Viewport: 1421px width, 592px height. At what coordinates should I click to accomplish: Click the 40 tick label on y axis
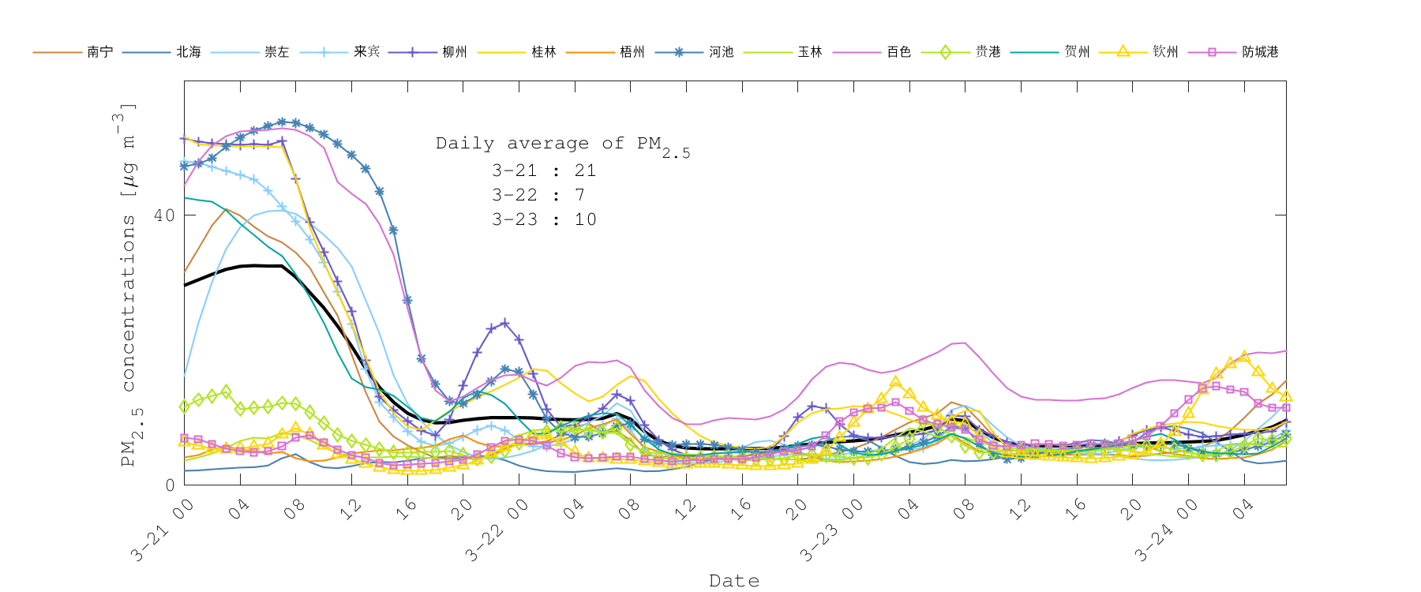click(163, 215)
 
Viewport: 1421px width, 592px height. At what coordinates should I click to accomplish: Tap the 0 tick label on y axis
click(170, 485)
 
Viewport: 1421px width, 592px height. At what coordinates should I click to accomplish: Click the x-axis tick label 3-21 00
click(162, 531)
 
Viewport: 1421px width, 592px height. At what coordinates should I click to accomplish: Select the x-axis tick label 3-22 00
click(496, 531)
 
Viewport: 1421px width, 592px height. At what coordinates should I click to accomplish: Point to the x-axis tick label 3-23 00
click(830, 531)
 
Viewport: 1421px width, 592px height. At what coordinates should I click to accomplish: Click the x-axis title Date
click(734, 581)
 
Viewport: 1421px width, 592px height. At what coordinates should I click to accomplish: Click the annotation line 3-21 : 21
click(543, 170)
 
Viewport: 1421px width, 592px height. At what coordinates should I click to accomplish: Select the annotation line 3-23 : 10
click(543, 219)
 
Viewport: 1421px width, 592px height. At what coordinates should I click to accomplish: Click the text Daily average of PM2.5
click(562, 145)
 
